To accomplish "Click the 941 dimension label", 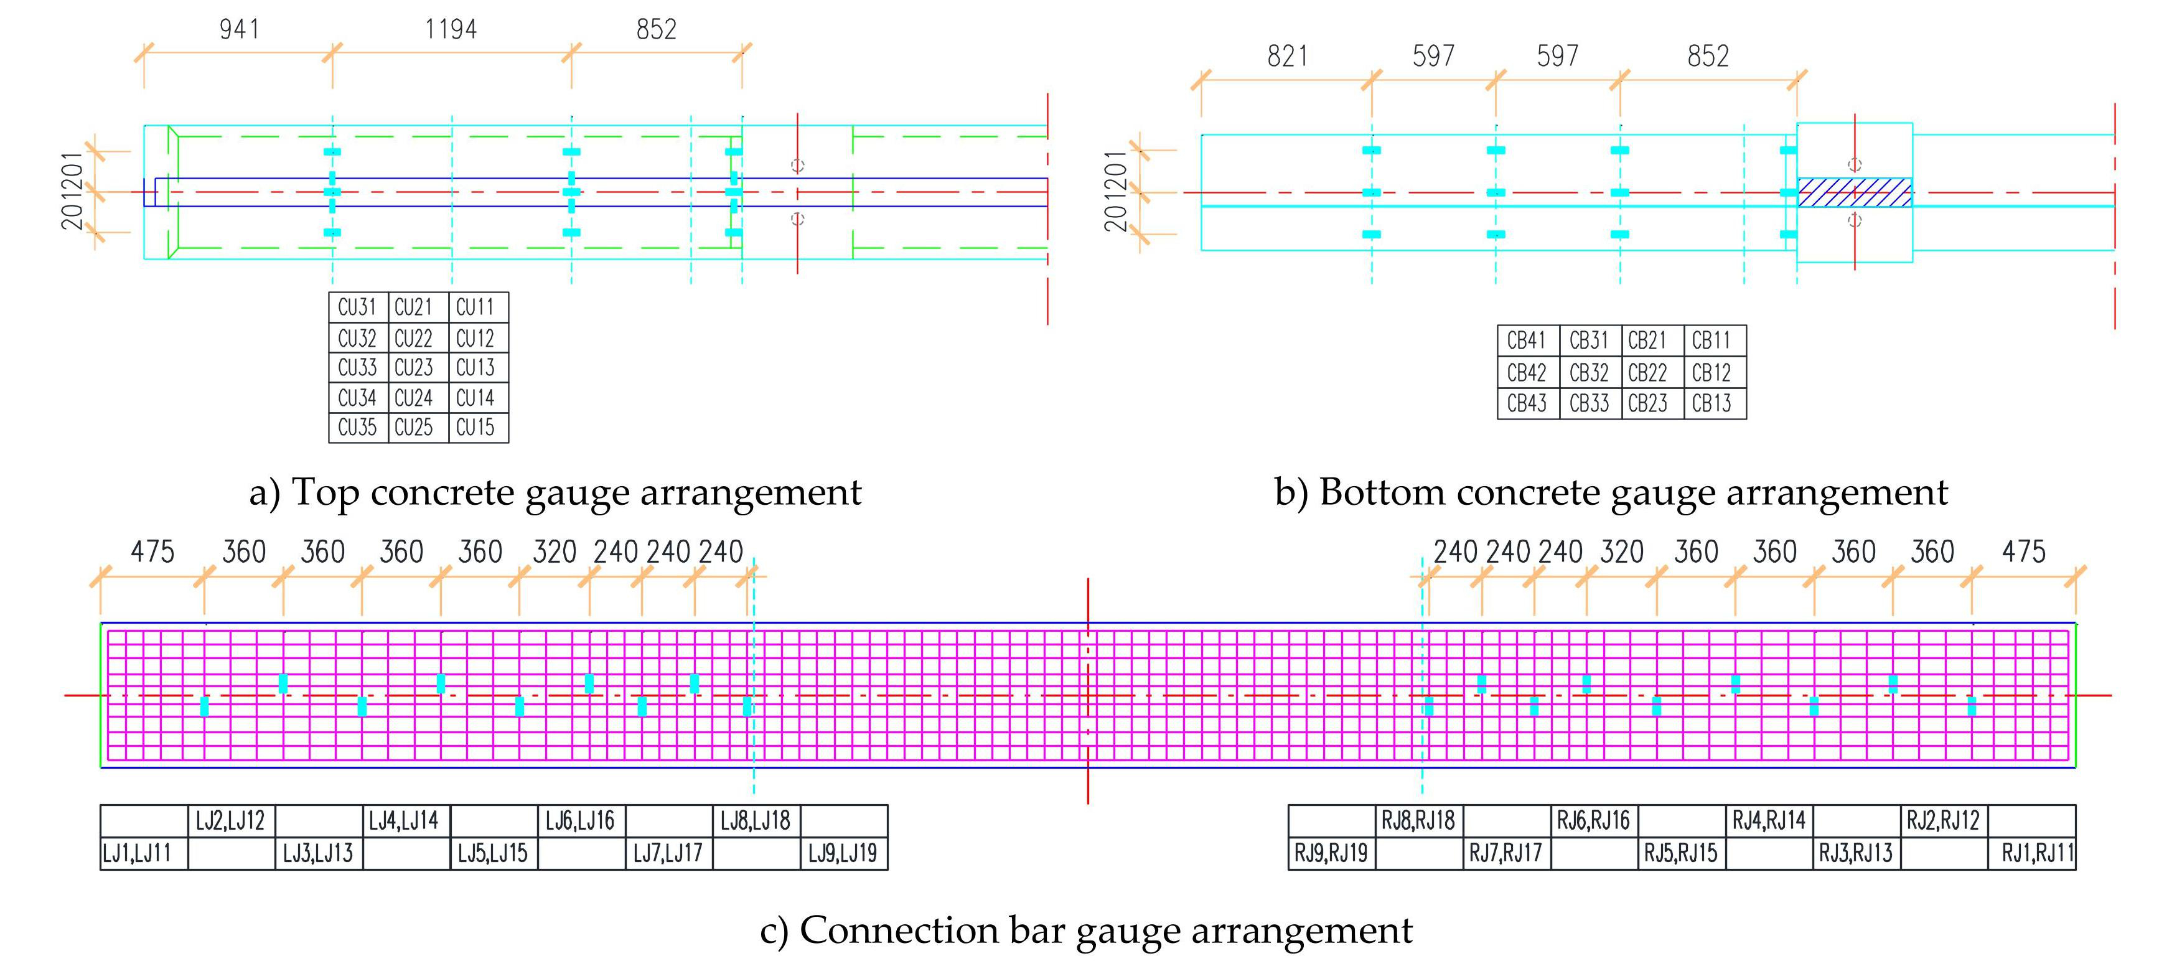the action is click(x=240, y=30).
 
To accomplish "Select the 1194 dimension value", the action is click(x=451, y=30).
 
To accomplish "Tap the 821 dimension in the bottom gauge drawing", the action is click(x=1288, y=56).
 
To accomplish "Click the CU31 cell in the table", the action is click(x=357, y=307).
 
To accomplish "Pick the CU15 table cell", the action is click(x=479, y=427).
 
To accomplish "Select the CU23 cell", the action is click(x=418, y=368).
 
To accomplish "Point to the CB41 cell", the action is click(x=1527, y=340).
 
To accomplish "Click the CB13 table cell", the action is click(x=1715, y=403).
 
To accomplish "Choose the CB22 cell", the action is click(x=1652, y=372).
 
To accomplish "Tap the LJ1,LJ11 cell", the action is click(x=144, y=853).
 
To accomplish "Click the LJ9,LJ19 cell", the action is click(x=844, y=853).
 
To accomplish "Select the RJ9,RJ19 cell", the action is click(x=1332, y=853).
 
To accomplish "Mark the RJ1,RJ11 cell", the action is click(x=2032, y=853).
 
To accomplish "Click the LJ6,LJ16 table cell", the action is click(x=581, y=821).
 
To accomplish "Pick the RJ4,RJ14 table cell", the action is click(x=1769, y=821).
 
